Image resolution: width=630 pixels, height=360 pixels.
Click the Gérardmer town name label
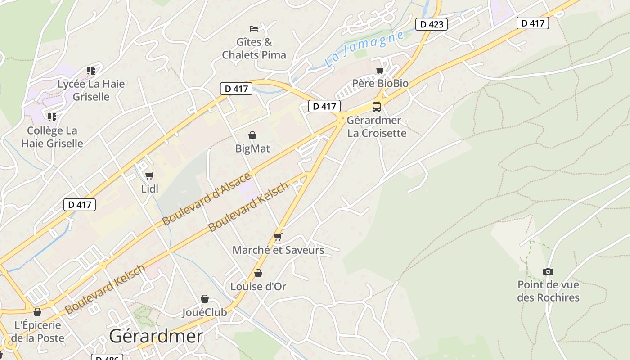156,336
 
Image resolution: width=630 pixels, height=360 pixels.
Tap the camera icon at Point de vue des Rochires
548,271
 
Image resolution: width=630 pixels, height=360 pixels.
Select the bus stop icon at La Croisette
377,107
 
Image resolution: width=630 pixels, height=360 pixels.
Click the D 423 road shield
431,24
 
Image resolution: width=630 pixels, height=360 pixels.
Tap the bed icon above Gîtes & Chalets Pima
254,29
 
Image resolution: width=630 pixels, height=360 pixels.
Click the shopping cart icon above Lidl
149,175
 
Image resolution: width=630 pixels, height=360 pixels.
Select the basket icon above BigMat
252,135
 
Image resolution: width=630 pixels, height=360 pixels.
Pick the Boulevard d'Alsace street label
206,199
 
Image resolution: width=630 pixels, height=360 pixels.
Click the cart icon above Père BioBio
380,71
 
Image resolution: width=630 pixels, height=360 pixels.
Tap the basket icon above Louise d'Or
258,273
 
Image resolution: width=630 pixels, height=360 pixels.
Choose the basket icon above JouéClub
205,299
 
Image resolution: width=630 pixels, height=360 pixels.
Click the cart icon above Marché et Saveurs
278,237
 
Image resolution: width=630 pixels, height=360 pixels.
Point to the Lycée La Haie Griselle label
91,90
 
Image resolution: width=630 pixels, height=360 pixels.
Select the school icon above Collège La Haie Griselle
52,117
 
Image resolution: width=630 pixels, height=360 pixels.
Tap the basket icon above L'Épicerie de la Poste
37,312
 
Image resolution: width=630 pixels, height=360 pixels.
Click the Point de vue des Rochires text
548,291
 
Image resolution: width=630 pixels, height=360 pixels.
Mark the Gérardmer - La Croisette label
377,127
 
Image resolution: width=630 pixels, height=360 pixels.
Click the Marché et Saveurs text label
278,250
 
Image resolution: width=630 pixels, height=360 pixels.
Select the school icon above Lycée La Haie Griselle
91,71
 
